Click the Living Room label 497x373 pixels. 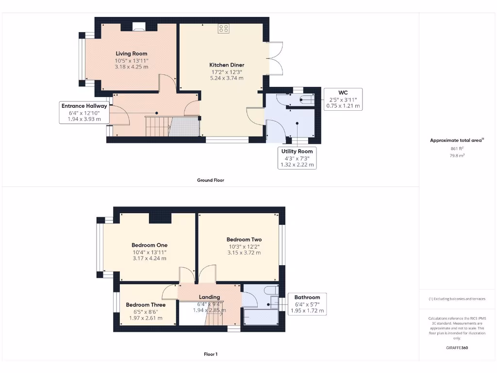point(131,53)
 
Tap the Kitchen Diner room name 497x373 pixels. point(227,65)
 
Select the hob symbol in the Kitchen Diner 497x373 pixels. point(224,29)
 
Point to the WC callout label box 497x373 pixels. point(343,99)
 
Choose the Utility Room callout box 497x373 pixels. point(297,158)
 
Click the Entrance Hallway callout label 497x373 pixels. point(84,112)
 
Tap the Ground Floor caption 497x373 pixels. point(210,180)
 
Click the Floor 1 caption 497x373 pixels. point(210,354)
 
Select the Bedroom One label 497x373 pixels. point(149,245)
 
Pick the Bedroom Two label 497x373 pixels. point(244,239)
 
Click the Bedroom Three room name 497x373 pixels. point(146,305)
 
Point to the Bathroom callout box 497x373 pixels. point(307,304)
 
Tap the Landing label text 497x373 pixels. point(209,297)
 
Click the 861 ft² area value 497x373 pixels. point(457,149)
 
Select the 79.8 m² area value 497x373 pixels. point(457,155)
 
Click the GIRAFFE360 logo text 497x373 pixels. point(457,348)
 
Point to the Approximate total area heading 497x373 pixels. point(457,140)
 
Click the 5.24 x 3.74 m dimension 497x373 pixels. point(227,78)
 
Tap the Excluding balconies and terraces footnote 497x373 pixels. point(457,299)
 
